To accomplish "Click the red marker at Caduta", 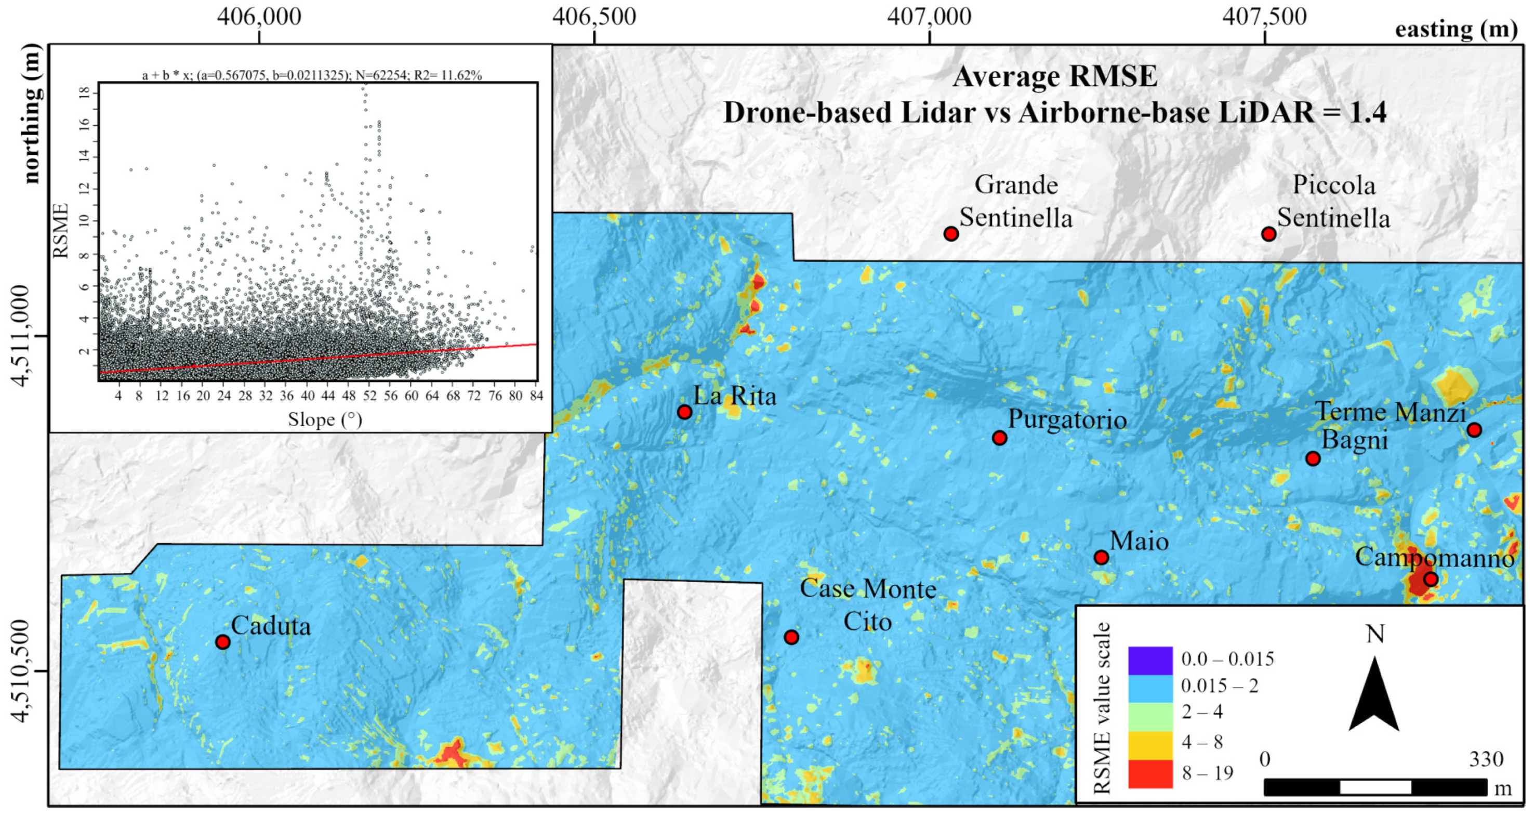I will point(223,642).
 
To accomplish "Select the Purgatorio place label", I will point(1067,419).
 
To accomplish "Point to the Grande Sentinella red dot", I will point(951,234).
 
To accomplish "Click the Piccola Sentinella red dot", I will point(1268,234).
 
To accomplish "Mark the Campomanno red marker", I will point(1431,579).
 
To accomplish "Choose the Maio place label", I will point(1139,542).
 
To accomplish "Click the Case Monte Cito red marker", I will point(791,637).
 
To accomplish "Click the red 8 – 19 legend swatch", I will point(1150,774).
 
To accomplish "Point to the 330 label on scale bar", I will point(1486,759).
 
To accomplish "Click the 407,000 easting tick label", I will point(929,17).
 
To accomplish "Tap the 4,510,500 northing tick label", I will point(20,671).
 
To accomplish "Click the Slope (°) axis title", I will point(325,419).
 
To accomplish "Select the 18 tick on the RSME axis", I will point(84,93).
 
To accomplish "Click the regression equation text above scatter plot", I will point(312,75).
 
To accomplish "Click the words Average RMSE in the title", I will point(1055,76).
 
